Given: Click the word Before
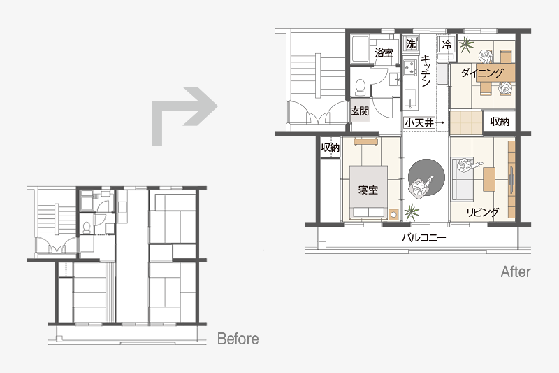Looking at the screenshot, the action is [x=238, y=339].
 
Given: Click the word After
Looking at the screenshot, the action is [x=516, y=272].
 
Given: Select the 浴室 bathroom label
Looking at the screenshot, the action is [x=384, y=52].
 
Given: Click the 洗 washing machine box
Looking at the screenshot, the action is [x=411, y=44].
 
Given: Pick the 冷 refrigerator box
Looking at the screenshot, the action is [x=447, y=44].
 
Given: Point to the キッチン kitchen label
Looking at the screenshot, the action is [x=426, y=71].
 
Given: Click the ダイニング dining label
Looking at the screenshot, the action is [x=482, y=73].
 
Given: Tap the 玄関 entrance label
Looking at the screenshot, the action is [x=359, y=111].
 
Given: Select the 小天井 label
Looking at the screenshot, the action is [x=419, y=123].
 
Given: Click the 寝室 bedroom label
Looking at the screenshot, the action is [x=368, y=190].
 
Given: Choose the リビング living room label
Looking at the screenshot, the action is [x=483, y=212].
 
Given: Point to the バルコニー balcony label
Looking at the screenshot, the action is [x=424, y=238].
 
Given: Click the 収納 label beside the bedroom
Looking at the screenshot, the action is [x=331, y=147].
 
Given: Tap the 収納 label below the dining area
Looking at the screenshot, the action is [x=500, y=122].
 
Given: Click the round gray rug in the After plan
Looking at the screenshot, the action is [x=426, y=177].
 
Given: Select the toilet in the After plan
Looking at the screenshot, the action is [x=361, y=87].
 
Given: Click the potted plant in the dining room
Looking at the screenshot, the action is [x=466, y=45].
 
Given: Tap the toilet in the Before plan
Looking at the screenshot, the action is [x=87, y=227].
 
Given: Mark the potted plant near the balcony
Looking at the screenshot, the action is [x=411, y=212].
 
